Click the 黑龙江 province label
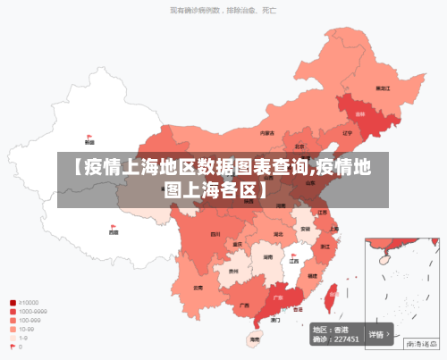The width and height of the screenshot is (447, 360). (x=383, y=88)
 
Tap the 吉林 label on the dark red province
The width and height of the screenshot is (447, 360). (x=360, y=115)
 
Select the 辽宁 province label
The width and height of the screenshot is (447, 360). (x=347, y=133)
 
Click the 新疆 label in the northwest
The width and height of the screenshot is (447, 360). (x=89, y=142)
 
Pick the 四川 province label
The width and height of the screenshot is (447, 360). (x=215, y=234)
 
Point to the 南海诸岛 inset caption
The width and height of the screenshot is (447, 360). (x=419, y=342)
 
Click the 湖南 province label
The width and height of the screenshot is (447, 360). (x=267, y=256)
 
